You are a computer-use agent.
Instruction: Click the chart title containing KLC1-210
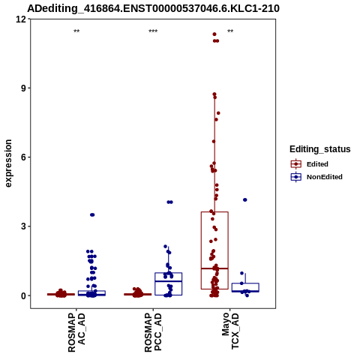point(153,8)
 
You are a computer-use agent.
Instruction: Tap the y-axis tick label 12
point(21,19)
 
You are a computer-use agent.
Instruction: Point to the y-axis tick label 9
point(24,88)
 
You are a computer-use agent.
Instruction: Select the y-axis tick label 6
point(24,157)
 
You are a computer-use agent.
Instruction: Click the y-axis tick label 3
point(24,226)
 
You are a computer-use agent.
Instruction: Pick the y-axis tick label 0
point(24,295)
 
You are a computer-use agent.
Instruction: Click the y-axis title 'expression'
point(8,163)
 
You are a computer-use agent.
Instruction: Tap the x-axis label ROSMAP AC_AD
point(76,332)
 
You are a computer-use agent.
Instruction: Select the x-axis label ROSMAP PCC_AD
point(153,332)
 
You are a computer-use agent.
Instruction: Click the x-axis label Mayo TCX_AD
point(230,331)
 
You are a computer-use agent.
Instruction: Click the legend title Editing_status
point(320,149)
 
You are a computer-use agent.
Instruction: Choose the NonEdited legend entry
point(316,177)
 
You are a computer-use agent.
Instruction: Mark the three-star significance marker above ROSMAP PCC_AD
point(153,31)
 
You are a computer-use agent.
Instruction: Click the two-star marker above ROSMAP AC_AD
point(76,31)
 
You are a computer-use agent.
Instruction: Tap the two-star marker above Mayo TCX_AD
point(230,31)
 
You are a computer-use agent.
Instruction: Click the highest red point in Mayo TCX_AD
point(214,34)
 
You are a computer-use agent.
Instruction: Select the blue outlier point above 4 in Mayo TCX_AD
point(245,199)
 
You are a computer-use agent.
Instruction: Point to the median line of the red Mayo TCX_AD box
point(214,268)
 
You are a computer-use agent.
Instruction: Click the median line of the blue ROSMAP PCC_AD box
point(169,281)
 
